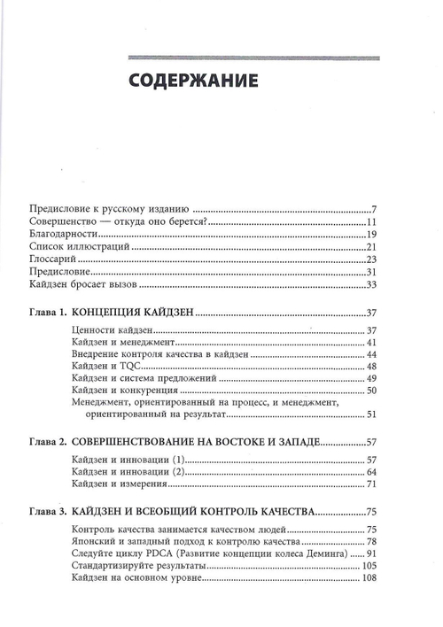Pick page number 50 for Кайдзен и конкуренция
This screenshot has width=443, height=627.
tap(372, 391)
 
